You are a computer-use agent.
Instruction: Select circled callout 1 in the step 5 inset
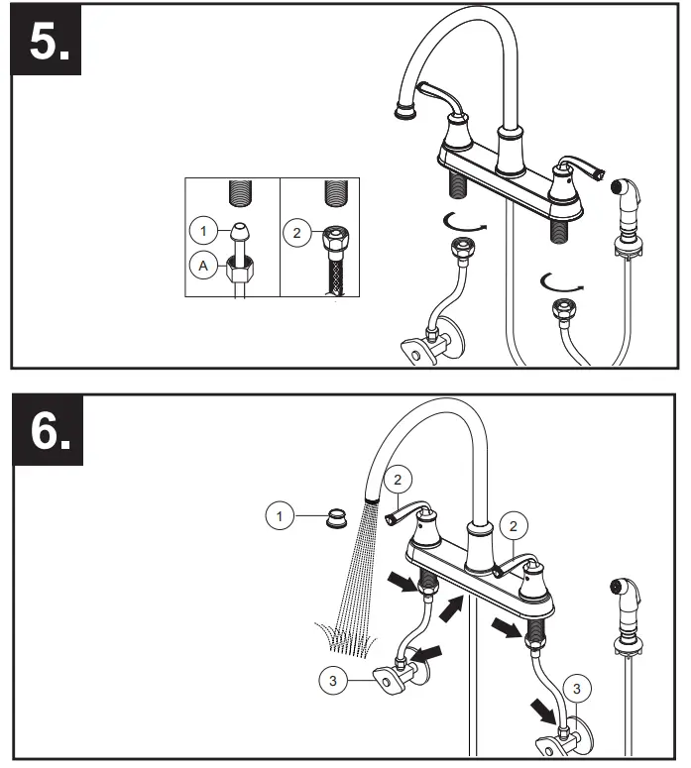pos(203,231)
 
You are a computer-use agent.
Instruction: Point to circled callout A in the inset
pos(203,266)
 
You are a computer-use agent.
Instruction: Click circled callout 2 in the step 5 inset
pos(295,234)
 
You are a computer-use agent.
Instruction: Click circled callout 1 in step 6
pos(281,515)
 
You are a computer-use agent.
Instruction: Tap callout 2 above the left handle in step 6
pos(396,480)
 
